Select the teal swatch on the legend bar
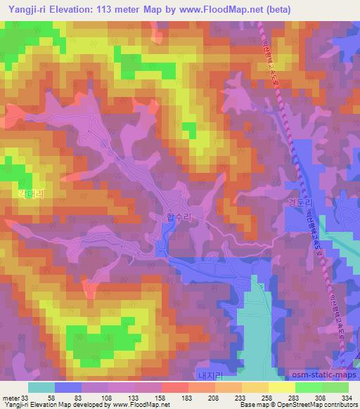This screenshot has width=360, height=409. pos(41,387)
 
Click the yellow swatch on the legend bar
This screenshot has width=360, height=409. pos(281,387)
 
